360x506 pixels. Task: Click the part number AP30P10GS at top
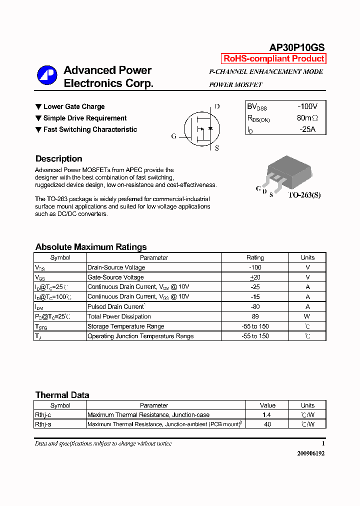297,47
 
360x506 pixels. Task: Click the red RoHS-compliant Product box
273,58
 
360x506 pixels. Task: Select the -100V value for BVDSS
307,106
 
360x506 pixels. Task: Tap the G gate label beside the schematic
174,136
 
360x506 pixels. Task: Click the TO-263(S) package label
304,195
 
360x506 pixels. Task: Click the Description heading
59,159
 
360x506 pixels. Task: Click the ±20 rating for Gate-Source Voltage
255,277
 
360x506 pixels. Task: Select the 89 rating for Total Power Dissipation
255,316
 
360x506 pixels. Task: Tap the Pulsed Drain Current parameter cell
116,306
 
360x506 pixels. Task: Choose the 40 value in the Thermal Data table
267,424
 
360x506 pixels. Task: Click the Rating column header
255,257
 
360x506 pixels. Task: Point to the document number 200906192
310,453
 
